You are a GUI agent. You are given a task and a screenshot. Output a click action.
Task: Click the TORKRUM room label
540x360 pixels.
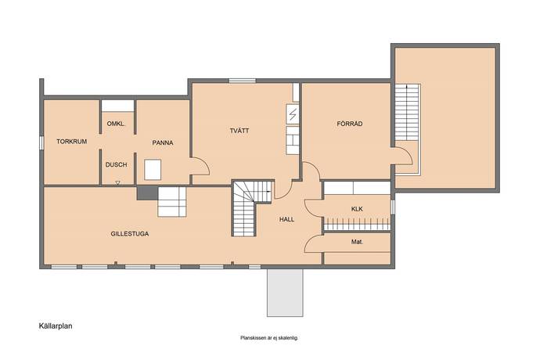tap(72, 141)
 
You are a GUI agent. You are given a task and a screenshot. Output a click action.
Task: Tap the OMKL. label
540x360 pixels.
tap(116, 124)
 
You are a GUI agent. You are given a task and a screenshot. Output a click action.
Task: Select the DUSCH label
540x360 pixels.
tap(116, 164)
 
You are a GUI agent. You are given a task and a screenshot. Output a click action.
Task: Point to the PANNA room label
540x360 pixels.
tap(163, 142)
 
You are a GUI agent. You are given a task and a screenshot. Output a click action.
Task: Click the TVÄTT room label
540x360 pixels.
tap(239, 131)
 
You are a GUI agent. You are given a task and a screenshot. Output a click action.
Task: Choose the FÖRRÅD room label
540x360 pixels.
tap(350, 124)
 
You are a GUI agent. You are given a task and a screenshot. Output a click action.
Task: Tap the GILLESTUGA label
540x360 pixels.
tap(130, 233)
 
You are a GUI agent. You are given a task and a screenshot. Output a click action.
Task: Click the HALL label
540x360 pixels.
tap(287, 219)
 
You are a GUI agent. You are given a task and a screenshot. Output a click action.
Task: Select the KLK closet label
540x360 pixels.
tap(357, 209)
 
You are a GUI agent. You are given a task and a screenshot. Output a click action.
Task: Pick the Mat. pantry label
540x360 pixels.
tap(357, 242)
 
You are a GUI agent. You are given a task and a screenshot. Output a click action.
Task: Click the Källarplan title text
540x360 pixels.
tap(56, 326)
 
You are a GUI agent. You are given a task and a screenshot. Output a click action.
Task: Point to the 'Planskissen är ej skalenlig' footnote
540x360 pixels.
tap(269, 338)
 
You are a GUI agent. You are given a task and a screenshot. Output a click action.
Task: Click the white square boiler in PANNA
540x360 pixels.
tap(153, 170)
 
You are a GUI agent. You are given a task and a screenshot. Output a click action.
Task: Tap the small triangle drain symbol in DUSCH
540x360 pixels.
tap(117, 183)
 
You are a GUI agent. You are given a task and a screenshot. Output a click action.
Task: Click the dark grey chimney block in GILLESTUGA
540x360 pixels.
tap(147, 193)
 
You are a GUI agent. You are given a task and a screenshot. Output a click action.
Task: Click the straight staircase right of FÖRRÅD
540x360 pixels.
tap(407, 112)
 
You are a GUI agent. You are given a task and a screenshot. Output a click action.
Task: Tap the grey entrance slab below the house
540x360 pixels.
tap(285, 293)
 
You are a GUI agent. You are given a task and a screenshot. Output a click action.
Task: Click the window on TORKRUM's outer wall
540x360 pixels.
tap(41, 142)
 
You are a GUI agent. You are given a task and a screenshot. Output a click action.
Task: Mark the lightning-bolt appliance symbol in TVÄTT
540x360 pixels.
tap(293, 114)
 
